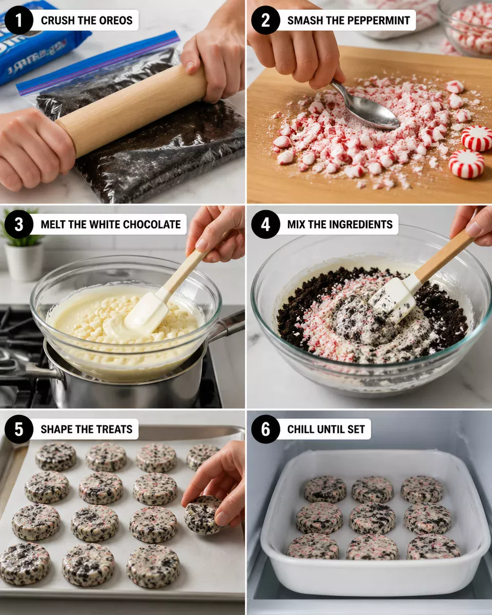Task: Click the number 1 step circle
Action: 18,20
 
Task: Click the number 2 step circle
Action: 265,20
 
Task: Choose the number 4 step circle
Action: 265,224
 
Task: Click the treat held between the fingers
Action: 202,514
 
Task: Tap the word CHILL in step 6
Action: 302,429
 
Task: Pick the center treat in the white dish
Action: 372,518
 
